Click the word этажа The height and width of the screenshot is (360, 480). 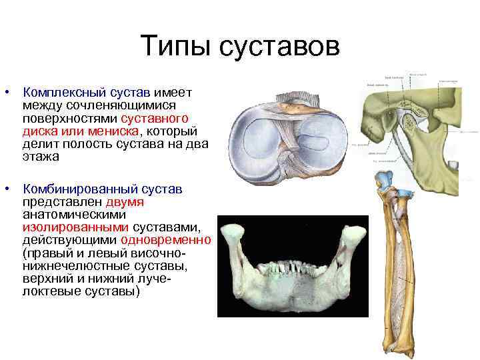pos(40,157)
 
